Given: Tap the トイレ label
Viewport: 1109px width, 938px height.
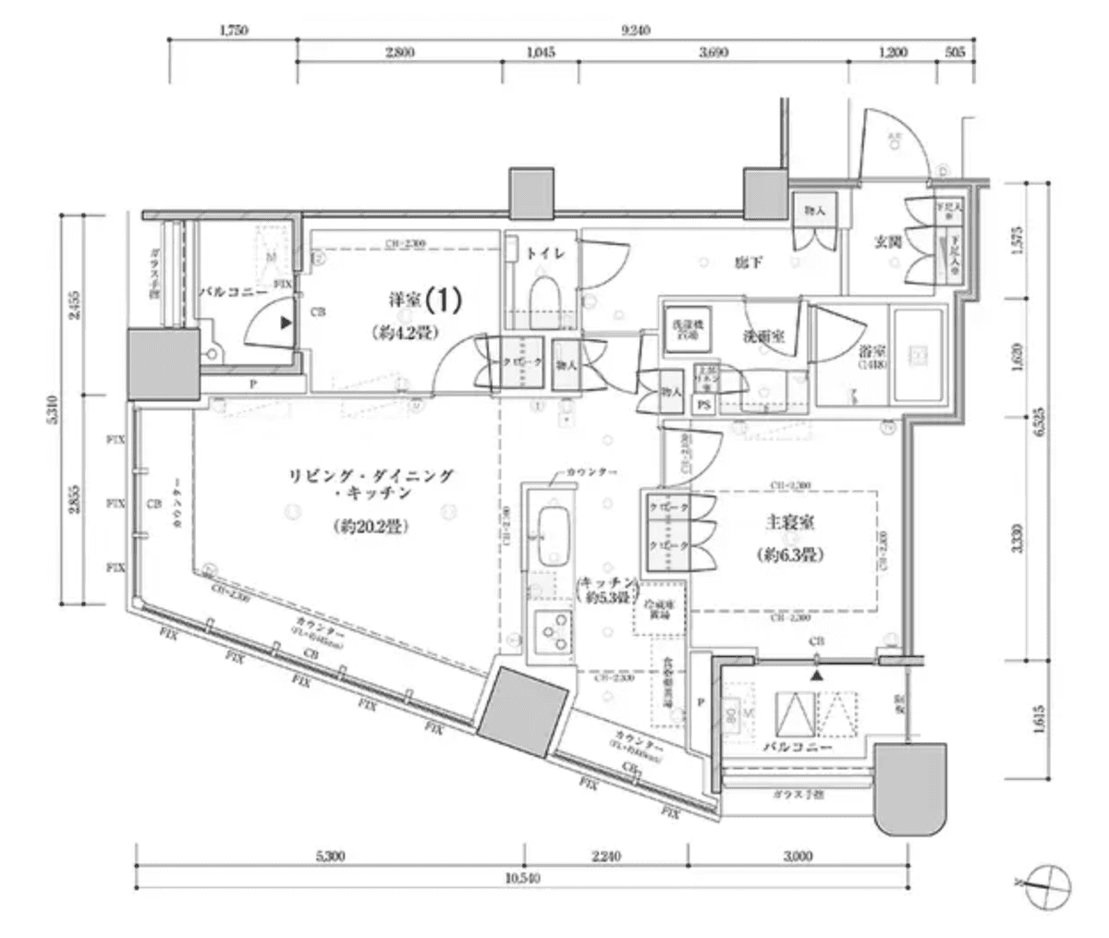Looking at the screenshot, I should pos(541,252).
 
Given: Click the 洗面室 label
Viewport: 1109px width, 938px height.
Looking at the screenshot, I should pos(762,337).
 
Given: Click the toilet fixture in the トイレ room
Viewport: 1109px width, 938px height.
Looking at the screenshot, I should pos(542,300).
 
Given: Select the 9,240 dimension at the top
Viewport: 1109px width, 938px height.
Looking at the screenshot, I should pos(634,30).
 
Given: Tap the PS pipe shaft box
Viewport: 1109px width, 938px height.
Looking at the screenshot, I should pos(705,405).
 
